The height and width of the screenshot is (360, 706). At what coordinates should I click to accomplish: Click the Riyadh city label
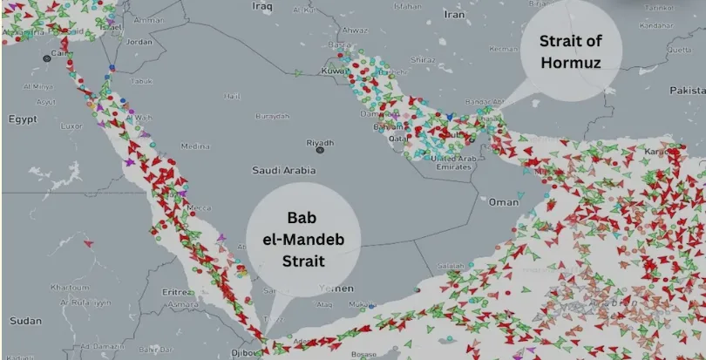point(319,142)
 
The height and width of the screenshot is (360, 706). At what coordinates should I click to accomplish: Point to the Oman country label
point(504,201)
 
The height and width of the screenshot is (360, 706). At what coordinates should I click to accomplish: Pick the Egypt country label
point(24,118)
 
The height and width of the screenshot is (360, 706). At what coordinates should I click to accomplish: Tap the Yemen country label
point(342,288)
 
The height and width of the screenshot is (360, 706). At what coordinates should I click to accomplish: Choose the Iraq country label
point(262,6)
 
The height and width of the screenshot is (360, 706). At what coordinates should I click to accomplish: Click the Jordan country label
point(139,41)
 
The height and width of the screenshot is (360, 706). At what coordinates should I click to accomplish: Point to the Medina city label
point(194,146)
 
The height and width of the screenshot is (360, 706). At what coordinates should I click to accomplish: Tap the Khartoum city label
point(70,287)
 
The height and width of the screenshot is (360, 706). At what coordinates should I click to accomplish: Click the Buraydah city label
point(273,116)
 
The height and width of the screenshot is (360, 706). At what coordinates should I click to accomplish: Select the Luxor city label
point(71,126)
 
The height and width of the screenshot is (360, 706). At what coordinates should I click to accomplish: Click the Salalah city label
point(451,265)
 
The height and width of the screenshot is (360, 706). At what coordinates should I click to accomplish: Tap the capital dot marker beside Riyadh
point(320,151)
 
